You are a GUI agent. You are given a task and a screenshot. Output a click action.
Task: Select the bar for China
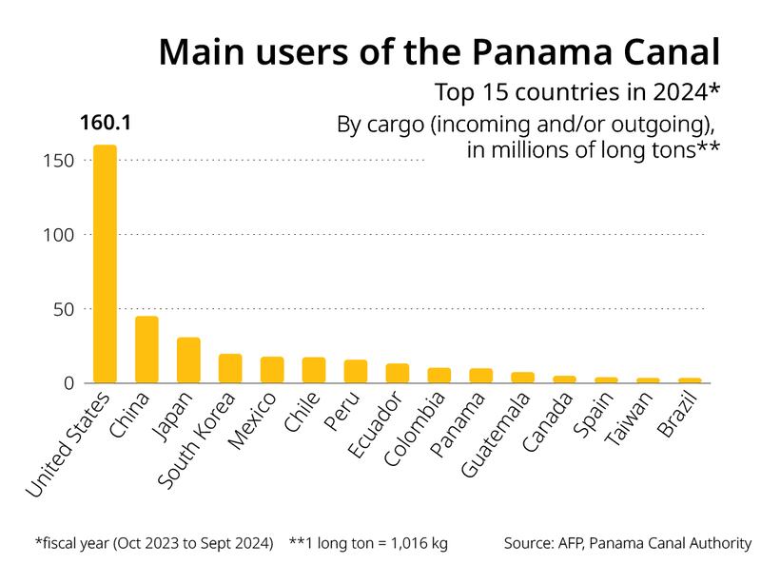146,350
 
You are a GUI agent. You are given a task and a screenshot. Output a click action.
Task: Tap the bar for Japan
188,360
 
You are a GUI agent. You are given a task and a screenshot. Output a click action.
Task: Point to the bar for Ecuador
398,374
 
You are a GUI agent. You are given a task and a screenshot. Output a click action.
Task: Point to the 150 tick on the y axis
58,161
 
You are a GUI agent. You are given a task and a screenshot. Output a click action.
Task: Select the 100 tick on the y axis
58,235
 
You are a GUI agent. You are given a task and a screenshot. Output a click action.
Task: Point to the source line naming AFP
628,544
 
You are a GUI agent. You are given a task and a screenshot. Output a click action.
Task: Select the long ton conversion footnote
368,544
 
